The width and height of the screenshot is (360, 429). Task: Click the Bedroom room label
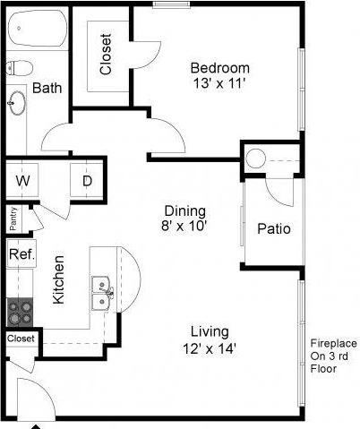[219, 67]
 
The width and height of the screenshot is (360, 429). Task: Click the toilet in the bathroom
[20, 68]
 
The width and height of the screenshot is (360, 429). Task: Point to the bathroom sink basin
[17, 103]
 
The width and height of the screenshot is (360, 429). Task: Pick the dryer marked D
[87, 181]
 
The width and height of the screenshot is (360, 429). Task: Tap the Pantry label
[13, 219]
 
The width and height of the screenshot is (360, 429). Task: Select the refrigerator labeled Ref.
[21, 254]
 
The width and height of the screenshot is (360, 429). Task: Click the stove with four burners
[20, 311]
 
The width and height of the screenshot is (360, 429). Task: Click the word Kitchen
[57, 280]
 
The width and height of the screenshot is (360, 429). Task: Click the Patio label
[274, 228]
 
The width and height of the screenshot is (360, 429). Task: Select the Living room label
[210, 331]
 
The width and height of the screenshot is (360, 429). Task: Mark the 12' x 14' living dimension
[210, 348]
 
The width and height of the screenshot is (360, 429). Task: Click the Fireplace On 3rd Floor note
[333, 355]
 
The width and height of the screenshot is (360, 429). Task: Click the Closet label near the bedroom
[106, 54]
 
